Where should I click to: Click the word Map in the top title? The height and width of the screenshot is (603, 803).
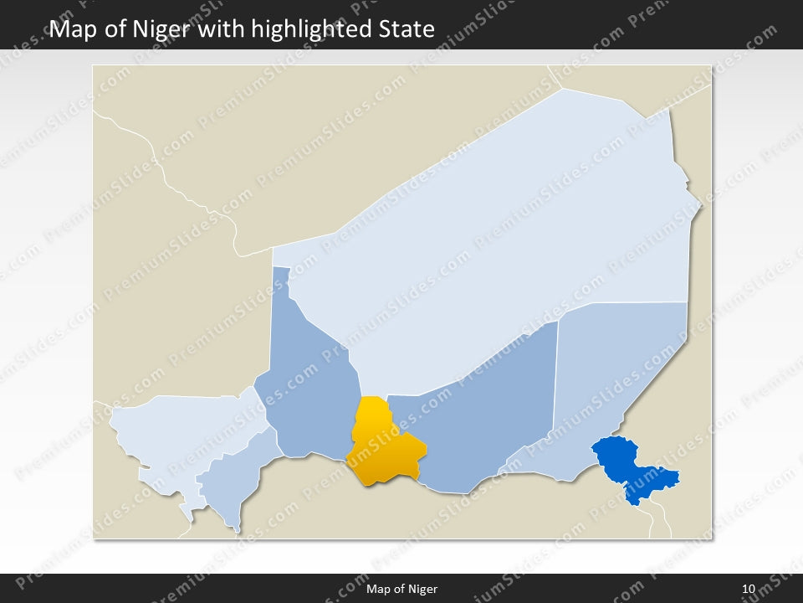pos(72,29)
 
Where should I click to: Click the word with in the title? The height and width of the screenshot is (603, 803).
pos(220,29)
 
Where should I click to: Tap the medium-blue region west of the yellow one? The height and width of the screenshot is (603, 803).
pos(309,377)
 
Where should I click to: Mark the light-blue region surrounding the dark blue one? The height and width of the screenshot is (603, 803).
pos(619,377)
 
